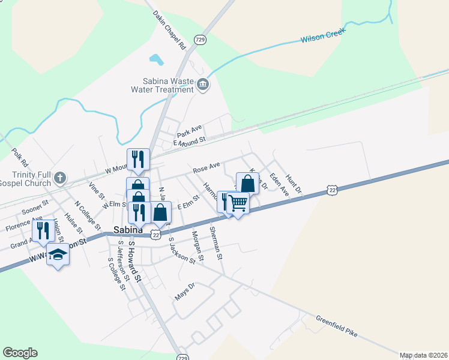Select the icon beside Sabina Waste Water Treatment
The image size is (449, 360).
[x=203, y=85]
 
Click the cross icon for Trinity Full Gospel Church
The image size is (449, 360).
[x=59, y=178]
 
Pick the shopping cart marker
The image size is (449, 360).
[x=238, y=204]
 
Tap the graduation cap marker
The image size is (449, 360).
[x=58, y=255]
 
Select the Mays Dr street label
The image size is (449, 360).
[x=185, y=293]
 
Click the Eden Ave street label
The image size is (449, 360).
[x=279, y=184]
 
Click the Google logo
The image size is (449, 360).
[x=20, y=353]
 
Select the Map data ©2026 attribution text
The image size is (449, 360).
[x=423, y=355]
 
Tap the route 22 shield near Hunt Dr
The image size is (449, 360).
[x=332, y=190]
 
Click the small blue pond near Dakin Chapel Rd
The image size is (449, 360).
[x=156, y=60]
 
